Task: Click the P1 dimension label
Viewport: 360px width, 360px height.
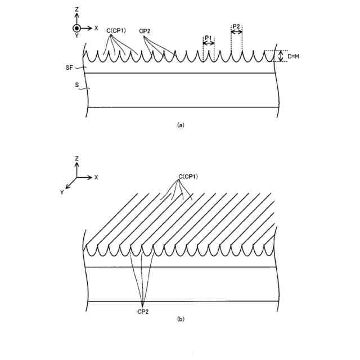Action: click(208, 38)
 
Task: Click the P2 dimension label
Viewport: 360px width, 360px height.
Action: click(237, 26)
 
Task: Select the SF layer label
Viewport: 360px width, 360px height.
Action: click(69, 67)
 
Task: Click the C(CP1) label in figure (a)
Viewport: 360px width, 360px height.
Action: click(116, 31)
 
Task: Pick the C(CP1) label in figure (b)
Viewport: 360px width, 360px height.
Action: click(188, 177)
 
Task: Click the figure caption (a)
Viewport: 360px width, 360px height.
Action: click(180, 125)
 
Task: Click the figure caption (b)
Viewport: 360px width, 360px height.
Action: click(180, 319)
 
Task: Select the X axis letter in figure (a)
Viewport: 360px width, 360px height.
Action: click(96, 28)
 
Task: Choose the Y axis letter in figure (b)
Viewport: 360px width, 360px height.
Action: click(62, 192)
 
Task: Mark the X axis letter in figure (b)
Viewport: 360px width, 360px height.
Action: click(96, 177)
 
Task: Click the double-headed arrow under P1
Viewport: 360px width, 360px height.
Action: click(208, 43)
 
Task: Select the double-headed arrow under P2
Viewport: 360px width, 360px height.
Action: click(237, 32)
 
